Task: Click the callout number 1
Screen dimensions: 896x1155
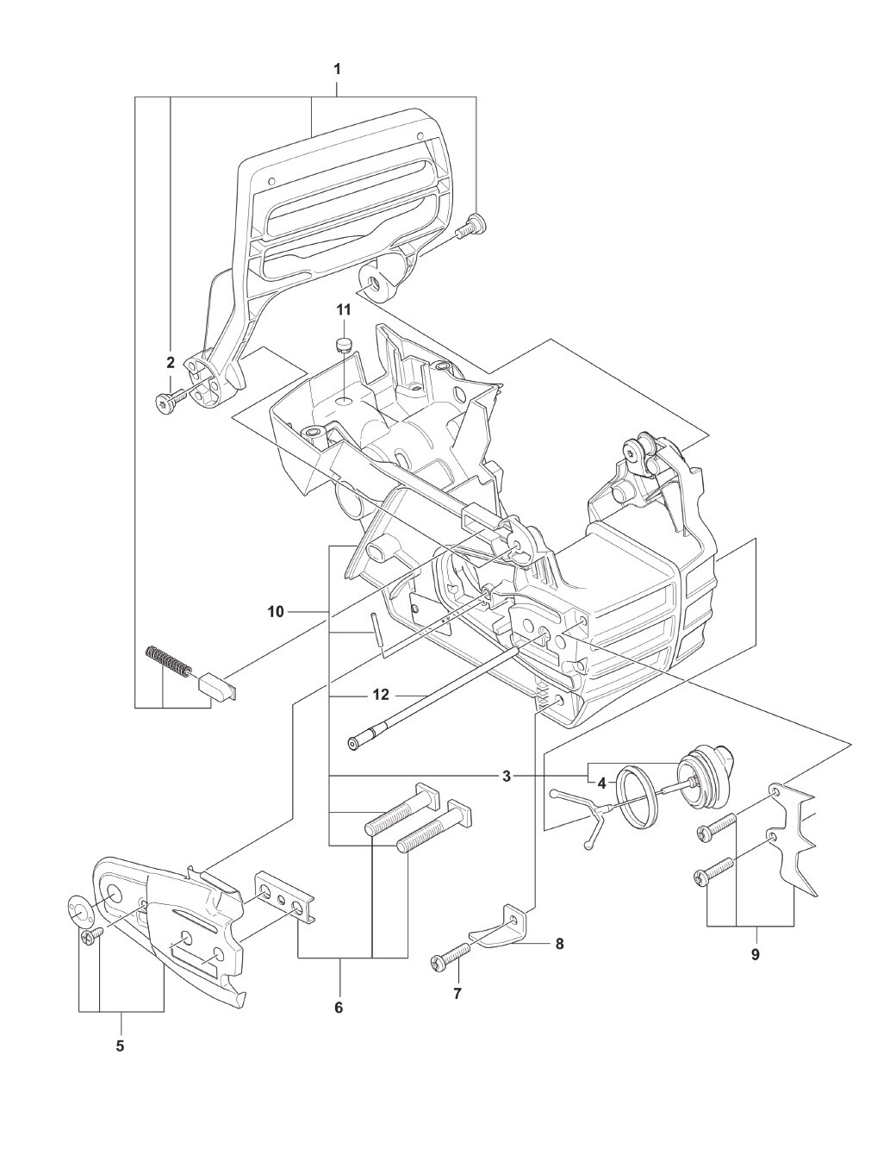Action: tap(337, 69)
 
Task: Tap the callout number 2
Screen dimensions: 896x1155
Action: tap(170, 363)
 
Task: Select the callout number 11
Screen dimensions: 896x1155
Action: tap(344, 310)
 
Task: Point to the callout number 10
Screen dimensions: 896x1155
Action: tap(276, 612)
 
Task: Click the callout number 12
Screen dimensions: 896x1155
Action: tap(381, 694)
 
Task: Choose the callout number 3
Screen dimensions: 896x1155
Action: tap(507, 777)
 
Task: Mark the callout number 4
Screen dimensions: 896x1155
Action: tap(601, 783)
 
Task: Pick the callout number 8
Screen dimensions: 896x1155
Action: tap(559, 944)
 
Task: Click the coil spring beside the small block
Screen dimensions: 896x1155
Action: tap(167, 661)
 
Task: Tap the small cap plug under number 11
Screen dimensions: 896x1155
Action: tap(344, 344)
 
